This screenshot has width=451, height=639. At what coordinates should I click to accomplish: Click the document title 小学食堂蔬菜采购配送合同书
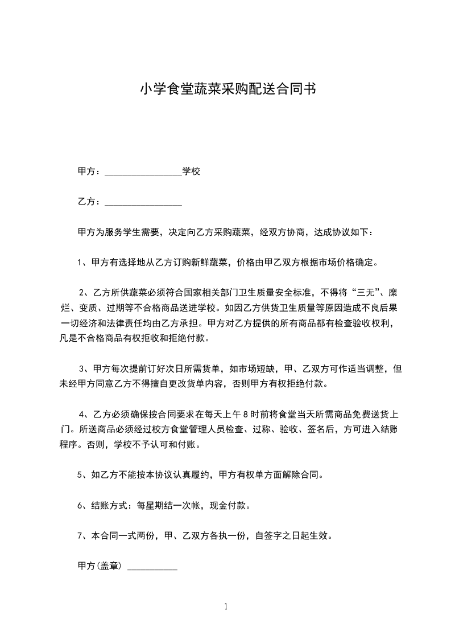[227, 89]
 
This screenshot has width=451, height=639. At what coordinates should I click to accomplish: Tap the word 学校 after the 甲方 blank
[191, 171]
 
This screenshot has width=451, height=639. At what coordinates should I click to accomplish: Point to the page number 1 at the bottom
[226, 607]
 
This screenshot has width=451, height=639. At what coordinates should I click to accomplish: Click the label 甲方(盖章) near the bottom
[100, 567]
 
